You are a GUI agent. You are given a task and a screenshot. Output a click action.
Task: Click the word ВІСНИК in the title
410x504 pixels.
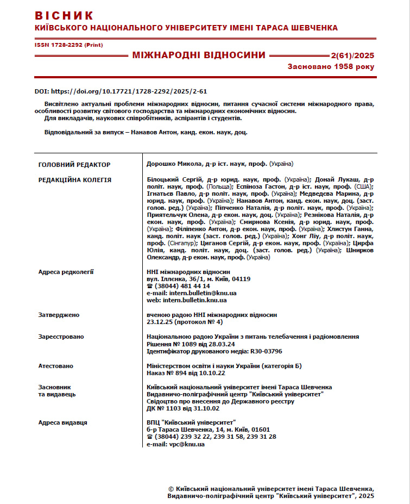click(64, 15)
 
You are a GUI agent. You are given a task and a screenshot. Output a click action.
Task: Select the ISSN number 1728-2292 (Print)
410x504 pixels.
click(68, 45)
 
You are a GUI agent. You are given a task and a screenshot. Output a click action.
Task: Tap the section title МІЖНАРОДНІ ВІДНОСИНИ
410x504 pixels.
click(199, 55)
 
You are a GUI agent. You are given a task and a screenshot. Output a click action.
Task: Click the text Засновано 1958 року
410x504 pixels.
click(331, 66)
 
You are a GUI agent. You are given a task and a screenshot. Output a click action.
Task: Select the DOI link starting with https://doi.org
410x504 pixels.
click(129, 91)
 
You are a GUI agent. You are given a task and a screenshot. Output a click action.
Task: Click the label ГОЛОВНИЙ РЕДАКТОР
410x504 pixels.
click(74, 164)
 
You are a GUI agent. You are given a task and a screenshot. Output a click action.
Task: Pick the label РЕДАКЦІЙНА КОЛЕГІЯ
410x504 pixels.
click(75, 180)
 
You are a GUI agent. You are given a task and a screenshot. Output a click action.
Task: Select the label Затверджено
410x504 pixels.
click(59, 315)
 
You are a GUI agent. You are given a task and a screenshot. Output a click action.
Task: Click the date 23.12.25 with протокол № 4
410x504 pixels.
click(185, 322)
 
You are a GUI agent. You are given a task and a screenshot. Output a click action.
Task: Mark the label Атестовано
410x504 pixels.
click(55, 366)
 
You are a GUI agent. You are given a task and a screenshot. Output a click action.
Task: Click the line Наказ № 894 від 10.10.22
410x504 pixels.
click(186, 374)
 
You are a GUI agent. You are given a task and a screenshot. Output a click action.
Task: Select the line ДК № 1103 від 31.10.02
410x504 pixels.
click(184, 408)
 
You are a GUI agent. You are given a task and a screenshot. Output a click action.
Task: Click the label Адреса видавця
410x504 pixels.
click(62, 422)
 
